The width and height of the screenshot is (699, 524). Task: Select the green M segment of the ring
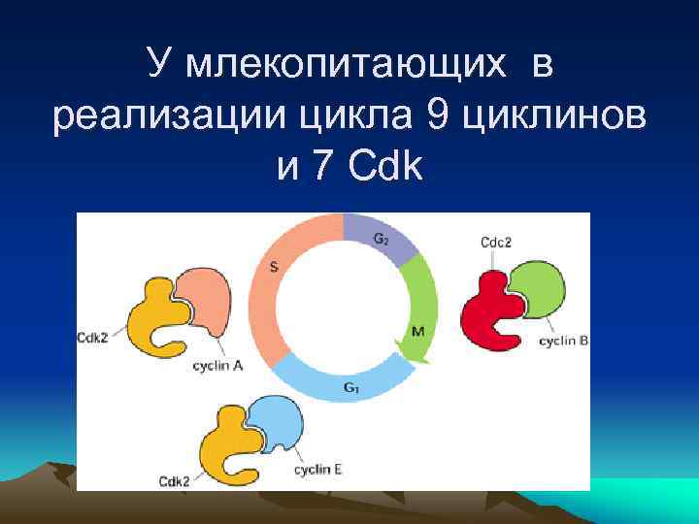pos(419,311)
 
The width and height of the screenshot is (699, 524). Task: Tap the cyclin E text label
pos(316,471)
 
